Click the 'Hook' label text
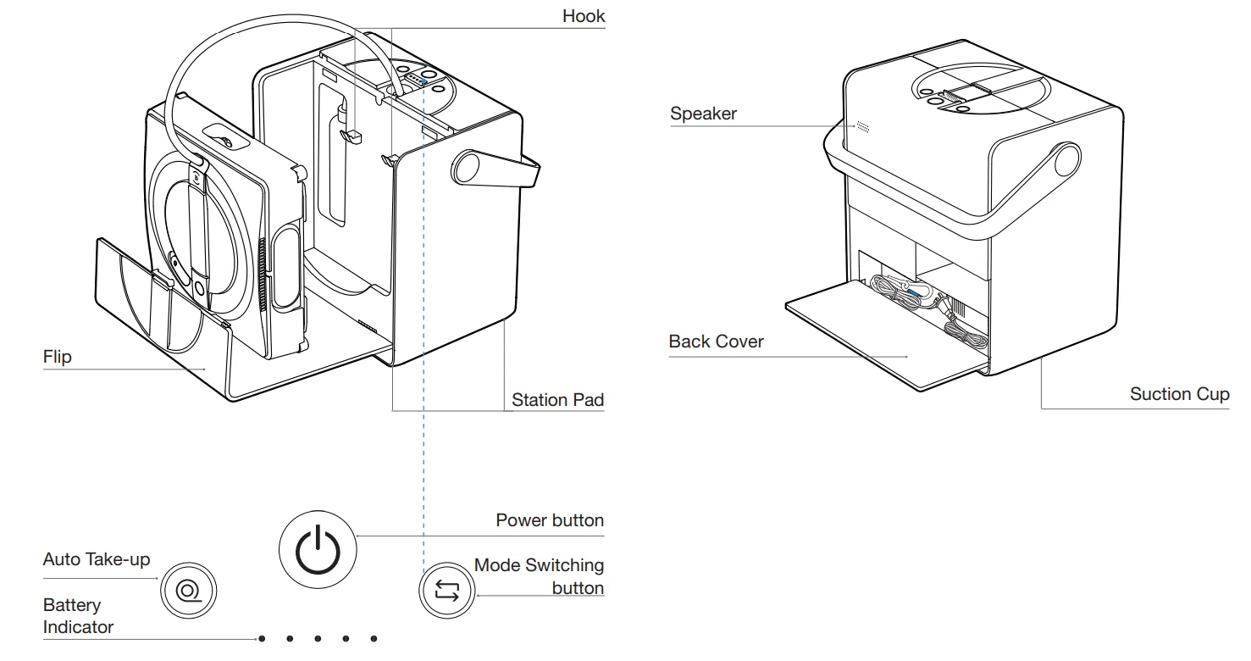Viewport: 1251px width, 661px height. click(x=584, y=16)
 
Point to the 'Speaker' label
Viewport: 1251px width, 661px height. click(x=703, y=114)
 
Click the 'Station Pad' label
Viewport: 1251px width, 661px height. click(x=557, y=399)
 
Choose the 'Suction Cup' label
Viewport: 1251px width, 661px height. click(x=1179, y=394)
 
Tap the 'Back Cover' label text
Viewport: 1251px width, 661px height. click(x=716, y=342)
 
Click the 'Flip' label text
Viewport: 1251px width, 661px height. click(x=58, y=357)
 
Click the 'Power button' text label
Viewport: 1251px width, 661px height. click(x=550, y=519)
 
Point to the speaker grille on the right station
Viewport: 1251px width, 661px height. click(x=862, y=126)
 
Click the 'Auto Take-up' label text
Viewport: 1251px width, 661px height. click(x=96, y=560)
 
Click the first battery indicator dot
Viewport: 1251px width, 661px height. click(x=262, y=638)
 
